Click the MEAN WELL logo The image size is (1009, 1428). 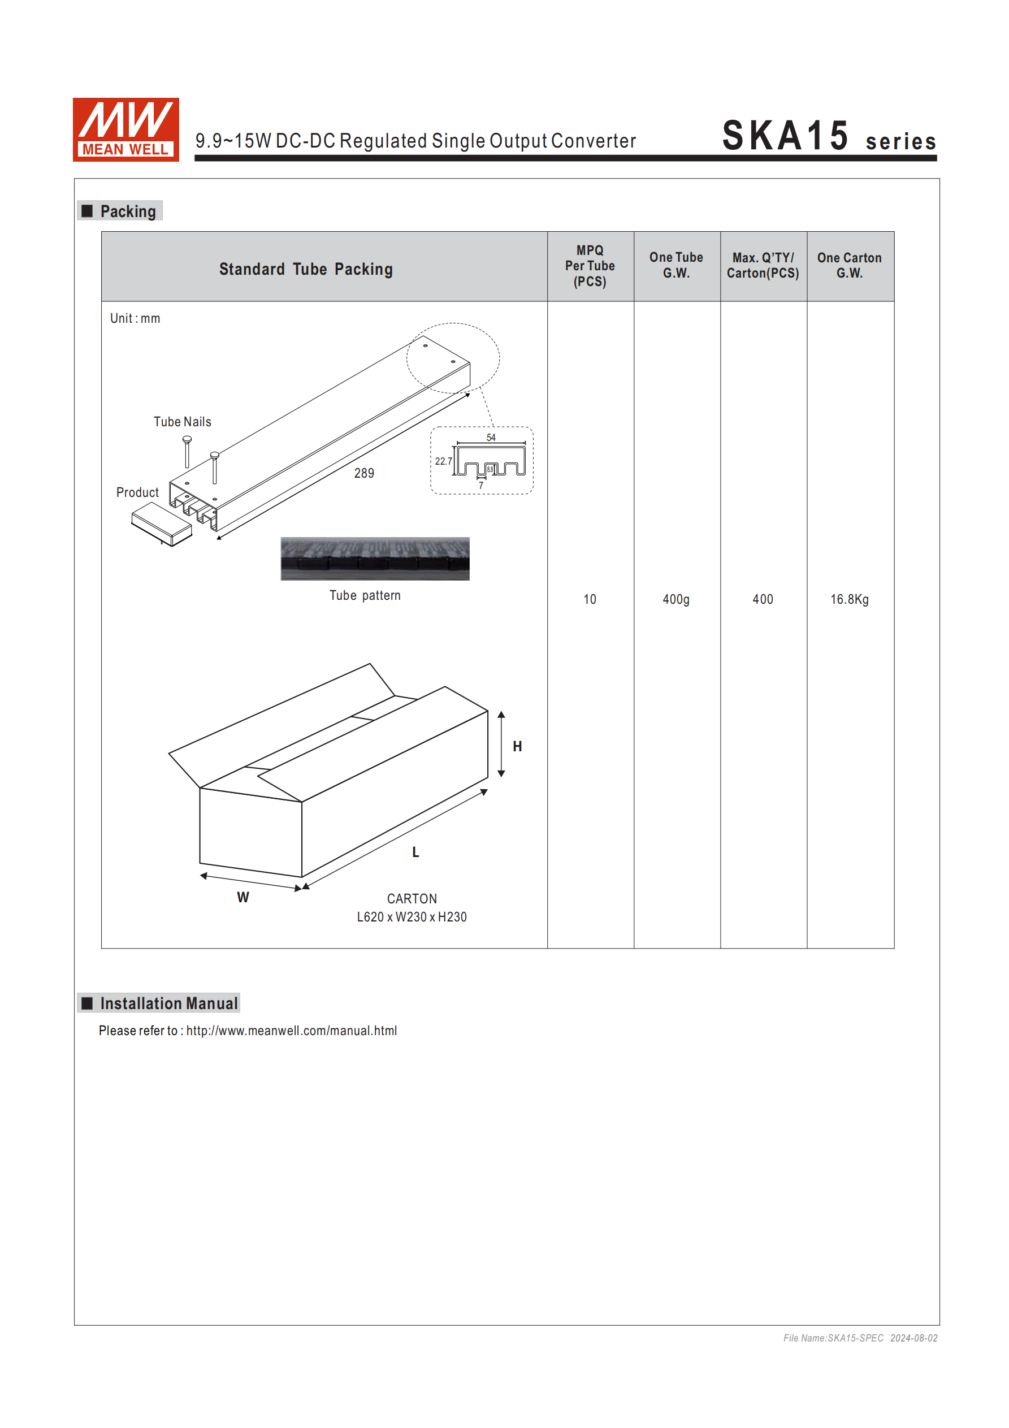tap(125, 129)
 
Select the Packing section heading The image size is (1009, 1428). tap(128, 211)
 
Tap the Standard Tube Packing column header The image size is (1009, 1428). tap(305, 269)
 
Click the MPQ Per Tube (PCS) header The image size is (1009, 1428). tap(590, 266)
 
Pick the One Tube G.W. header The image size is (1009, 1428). tap(676, 266)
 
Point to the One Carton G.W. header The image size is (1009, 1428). tap(849, 266)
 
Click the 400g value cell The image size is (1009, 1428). tap(676, 600)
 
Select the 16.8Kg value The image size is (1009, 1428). tap(849, 600)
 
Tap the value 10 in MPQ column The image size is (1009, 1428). tap(590, 600)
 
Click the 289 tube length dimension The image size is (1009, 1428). tap(364, 473)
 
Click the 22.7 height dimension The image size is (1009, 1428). tap(443, 461)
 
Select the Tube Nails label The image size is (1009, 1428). tap(182, 422)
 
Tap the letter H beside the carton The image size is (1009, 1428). tap(517, 746)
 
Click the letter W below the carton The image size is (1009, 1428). tap(242, 898)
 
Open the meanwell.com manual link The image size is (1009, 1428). tap(291, 1031)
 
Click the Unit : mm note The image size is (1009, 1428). tap(135, 318)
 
